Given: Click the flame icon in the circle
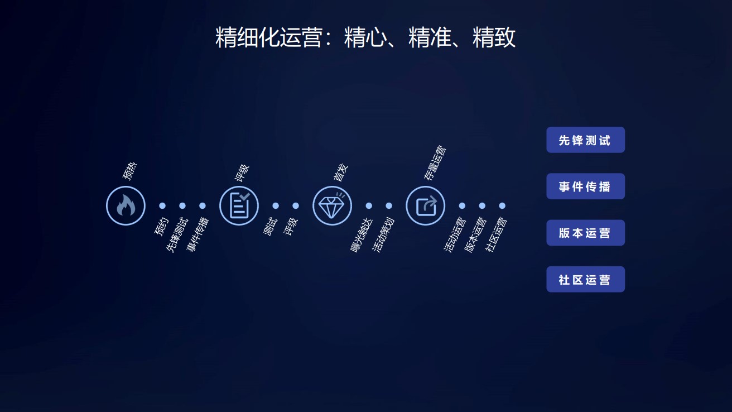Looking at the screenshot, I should pos(126,206).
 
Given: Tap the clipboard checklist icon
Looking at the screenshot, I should pos(239,206).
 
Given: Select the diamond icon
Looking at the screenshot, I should pos(332,206).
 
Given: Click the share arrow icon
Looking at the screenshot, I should pos(425,206).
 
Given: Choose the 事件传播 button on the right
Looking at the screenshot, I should pos(585,186).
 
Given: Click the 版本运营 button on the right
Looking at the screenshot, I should pos(585,233).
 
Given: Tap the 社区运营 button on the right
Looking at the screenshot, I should pos(585,279).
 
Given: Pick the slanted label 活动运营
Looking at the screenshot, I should pos(455,235).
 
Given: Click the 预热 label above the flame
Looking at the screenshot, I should pos(130,171).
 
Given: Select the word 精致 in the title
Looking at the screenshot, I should pos(494,38).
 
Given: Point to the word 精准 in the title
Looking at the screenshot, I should pos(430,38).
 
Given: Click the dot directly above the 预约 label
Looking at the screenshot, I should pos(162,206).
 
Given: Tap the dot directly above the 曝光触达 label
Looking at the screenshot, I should pos(369,206).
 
